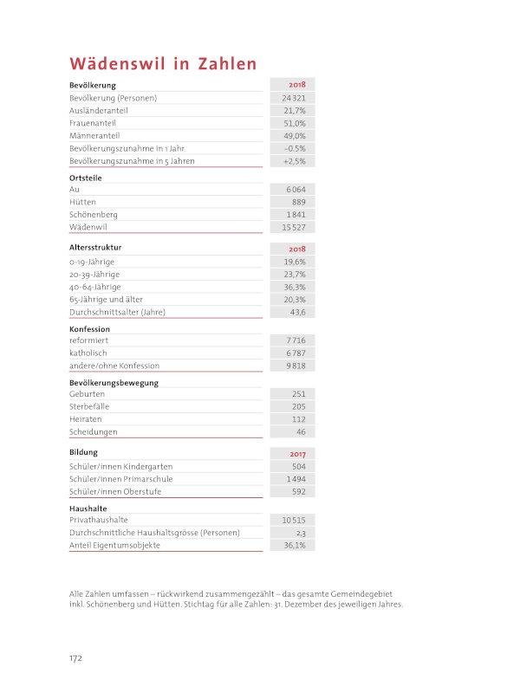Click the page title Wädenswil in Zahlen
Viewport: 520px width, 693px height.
pos(163,63)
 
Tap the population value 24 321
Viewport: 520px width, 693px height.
pos(294,98)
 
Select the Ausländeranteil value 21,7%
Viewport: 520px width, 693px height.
pos(295,111)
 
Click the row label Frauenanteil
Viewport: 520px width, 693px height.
pos(93,123)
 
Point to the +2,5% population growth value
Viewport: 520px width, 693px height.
pos(294,161)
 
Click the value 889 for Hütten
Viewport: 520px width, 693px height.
pos(298,201)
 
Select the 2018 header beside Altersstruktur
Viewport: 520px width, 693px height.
pos(296,249)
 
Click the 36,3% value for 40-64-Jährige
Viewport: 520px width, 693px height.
pos(295,287)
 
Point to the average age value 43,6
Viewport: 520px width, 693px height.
pos(296,312)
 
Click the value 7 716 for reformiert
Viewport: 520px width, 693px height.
pos(296,340)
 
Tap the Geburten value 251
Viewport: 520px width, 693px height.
pos(297,393)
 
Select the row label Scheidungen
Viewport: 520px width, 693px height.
pos(94,431)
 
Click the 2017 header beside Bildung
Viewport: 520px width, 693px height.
pos(296,454)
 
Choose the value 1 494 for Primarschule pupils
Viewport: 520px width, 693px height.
pos(296,479)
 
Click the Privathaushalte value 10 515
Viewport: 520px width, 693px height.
pos(294,520)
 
